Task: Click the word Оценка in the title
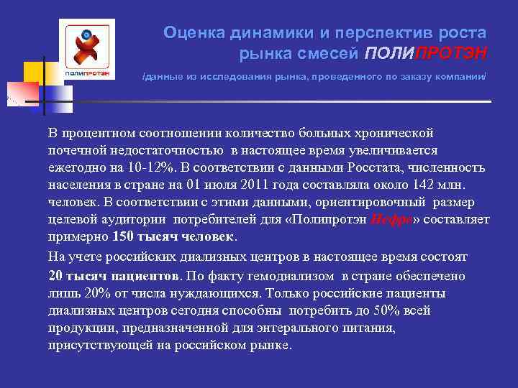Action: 189,32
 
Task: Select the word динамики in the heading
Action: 263,32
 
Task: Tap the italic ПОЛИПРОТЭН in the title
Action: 425,52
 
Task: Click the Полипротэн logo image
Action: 87,50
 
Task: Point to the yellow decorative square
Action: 33,73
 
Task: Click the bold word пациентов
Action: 145,276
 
